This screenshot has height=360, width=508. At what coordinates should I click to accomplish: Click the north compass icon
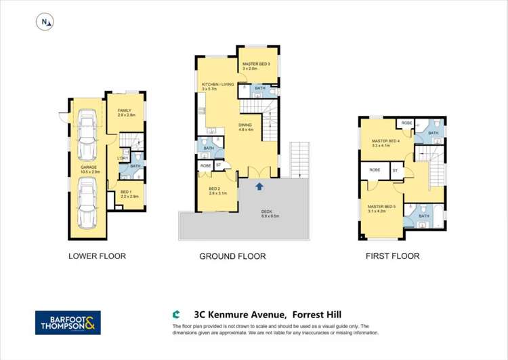pos(45,22)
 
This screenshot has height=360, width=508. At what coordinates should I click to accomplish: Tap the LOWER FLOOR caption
pos(97,256)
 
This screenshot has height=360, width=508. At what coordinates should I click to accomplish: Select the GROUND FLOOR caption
pos(232,256)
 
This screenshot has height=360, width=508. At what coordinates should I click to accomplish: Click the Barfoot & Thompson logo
pos(68,323)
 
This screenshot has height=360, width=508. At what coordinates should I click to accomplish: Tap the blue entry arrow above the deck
pos(259,185)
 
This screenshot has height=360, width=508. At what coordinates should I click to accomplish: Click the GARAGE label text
pos(87,167)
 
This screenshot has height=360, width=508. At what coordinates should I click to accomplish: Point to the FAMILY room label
pos(125,111)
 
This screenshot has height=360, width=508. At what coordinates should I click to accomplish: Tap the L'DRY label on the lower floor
pos(123,159)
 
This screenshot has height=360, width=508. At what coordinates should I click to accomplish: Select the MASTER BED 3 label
pos(256,64)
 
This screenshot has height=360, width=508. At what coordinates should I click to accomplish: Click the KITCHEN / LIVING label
pos(217,85)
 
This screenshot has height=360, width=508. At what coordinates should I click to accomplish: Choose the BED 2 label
pos(214,190)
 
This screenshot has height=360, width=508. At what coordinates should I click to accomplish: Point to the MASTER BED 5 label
pos(382,207)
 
